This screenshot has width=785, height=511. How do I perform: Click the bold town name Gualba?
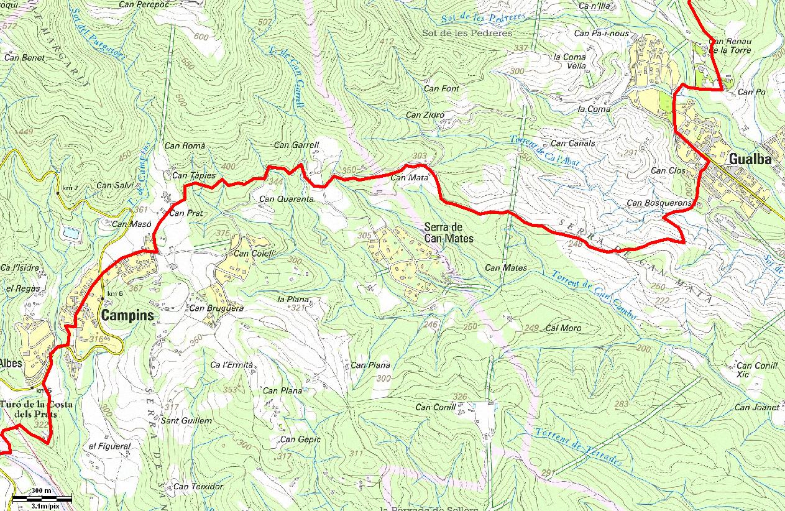point(750,159)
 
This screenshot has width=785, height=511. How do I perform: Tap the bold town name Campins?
point(127,315)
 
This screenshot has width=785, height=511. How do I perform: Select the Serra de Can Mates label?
point(449,232)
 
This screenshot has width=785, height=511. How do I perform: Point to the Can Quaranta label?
point(286,200)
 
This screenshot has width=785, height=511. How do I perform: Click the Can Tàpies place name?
point(194,175)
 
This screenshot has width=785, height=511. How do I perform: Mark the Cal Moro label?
point(562,328)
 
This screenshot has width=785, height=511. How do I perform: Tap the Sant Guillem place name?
point(186,421)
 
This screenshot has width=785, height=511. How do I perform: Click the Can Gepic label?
point(300,440)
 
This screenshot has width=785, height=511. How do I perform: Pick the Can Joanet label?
point(756,407)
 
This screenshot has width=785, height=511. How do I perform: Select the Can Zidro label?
point(425,114)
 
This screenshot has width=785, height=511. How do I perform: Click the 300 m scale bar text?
point(42,491)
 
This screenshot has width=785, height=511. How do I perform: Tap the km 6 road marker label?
point(114,293)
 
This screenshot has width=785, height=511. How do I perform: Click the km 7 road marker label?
point(70,188)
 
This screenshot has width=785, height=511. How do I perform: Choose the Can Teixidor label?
point(198,486)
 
